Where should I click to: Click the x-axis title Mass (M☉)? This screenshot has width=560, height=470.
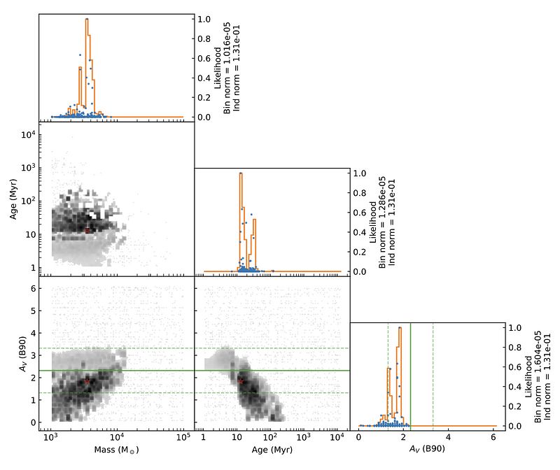click(116, 450)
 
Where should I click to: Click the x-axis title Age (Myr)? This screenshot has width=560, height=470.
click(272, 450)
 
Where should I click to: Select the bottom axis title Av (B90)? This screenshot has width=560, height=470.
click(427, 449)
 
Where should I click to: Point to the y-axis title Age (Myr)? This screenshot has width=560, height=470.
click(13, 199)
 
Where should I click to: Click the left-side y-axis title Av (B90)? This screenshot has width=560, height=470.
click(23, 354)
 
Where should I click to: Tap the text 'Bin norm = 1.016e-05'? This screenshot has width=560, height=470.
click(226, 68)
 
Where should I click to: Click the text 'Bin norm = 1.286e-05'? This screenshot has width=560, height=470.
click(381, 222)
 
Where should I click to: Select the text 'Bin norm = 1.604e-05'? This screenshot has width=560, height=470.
click(538, 377)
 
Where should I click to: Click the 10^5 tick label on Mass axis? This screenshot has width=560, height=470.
click(183, 437)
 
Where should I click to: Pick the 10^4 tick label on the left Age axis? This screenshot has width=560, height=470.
click(28, 134)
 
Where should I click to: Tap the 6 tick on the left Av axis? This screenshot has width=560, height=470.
click(34, 288)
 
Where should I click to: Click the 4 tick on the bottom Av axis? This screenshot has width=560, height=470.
click(448, 437)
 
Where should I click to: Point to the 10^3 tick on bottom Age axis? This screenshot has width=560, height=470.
click(303, 437)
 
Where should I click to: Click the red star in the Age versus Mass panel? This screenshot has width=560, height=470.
click(87, 231)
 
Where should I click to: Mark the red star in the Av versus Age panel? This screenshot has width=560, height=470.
click(241, 381)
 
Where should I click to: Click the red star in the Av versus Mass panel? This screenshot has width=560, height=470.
click(87, 381)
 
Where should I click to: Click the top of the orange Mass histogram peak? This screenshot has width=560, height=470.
click(87, 19)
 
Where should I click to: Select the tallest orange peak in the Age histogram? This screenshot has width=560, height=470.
click(241, 173)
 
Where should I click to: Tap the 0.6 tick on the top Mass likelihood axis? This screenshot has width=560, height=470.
click(204, 58)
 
